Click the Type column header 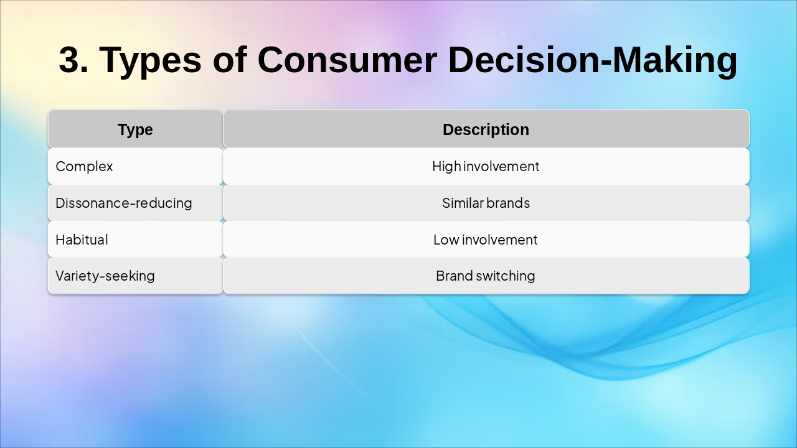pyautogui.click(x=135, y=129)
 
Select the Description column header pyautogui.click(x=486, y=129)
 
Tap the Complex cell pyautogui.click(x=135, y=166)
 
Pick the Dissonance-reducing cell pyautogui.click(x=135, y=203)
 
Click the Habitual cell pyautogui.click(x=135, y=240)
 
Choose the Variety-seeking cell pyautogui.click(x=135, y=276)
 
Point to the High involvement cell pyautogui.click(x=486, y=166)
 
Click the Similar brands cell pyautogui.click(x=486, y=203)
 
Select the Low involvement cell pyautogui.click(x=486, y=240)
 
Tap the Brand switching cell pyautogui.click(x=486, y=276)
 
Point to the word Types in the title pyautogui.click(x=150, y=61)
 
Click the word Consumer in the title pyautogui.click(x=347, y=60)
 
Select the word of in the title pyautogui.click(x=230, y=59)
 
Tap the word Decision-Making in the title pyautogui.click(x=593, y=61)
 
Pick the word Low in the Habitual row pyautogui.click(x=446, y=240)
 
